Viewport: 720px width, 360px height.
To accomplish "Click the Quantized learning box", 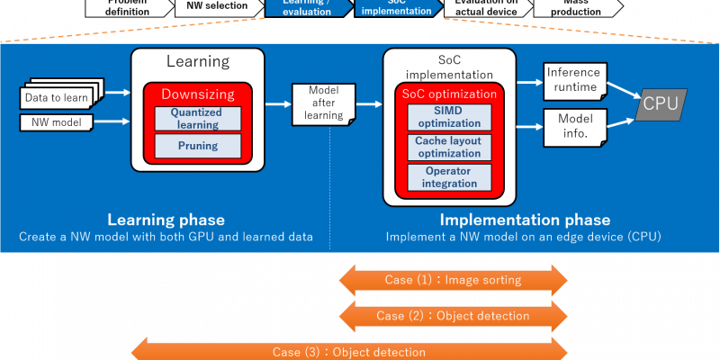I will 197,118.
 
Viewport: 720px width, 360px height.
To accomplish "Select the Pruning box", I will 197,144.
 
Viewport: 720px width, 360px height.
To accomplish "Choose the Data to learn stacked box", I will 55,96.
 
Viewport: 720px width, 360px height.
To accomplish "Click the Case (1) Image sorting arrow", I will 453,280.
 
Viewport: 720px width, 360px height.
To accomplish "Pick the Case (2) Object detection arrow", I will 453,316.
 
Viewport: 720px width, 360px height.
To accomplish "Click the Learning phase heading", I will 166,220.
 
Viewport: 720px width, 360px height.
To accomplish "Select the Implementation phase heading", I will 525,220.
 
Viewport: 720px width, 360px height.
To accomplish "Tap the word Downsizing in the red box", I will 197,94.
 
